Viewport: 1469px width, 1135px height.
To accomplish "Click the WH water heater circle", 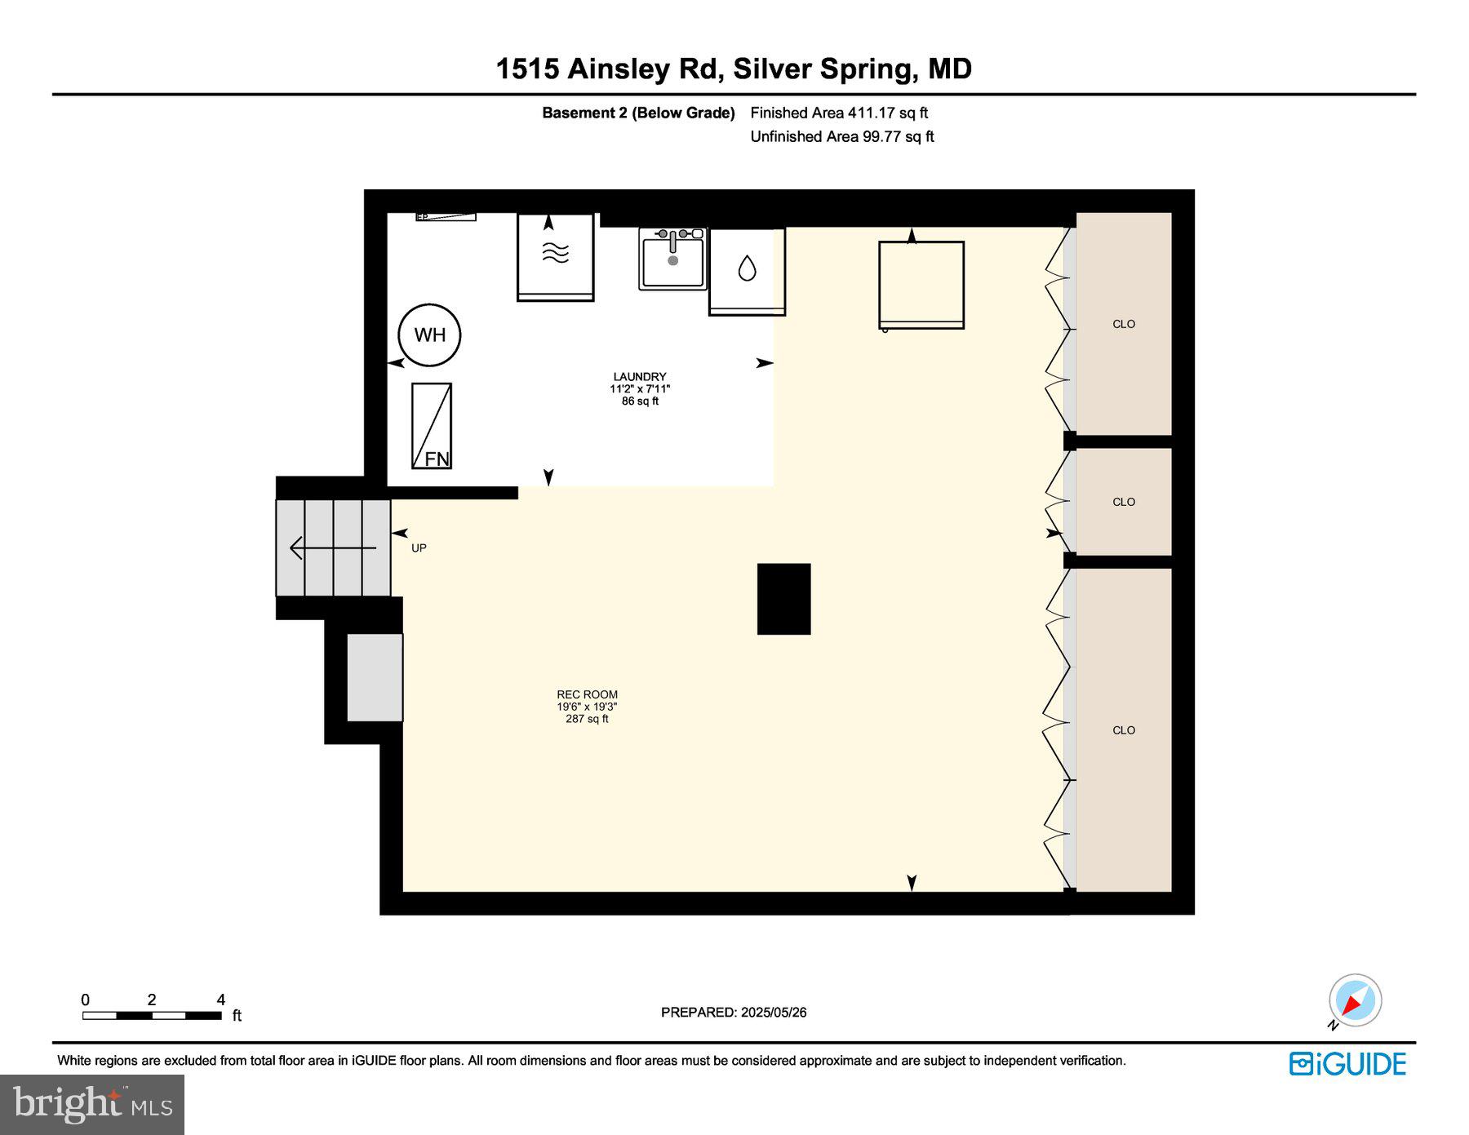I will (429, 335).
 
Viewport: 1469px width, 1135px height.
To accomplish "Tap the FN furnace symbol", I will (432, 426).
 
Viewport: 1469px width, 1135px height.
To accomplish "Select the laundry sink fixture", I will (672, 259).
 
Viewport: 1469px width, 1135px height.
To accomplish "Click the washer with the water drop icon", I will (747, 271).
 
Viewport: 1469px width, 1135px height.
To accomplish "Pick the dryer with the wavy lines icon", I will (556, 257).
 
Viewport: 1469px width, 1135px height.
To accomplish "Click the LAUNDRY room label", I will (640, 377).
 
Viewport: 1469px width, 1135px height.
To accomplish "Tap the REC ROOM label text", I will (587, 694).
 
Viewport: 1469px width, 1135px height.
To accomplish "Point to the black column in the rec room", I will (783, 599).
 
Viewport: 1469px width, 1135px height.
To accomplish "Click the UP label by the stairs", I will (419, 548).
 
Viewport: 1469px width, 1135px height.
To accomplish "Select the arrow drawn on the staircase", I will (333, 548).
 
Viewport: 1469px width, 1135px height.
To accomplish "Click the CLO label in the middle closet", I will (1124, 502).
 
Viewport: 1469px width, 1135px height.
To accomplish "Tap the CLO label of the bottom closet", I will (1124, 730).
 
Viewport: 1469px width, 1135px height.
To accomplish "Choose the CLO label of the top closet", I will (1124, 324).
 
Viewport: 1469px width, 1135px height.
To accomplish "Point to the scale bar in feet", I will (152, 1016).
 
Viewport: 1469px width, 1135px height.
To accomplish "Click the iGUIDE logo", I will (1347, 1064).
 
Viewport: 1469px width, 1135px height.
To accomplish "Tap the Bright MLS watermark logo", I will (92, 1104).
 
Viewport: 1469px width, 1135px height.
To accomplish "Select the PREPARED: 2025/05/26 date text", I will (734, 1013).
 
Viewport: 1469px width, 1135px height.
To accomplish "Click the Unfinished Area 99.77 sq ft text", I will (841, 136).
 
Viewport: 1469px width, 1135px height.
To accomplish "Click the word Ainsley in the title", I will (618, 69).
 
